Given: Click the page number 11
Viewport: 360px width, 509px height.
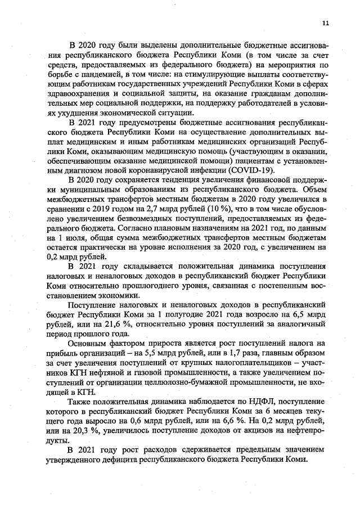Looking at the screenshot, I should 326,22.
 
